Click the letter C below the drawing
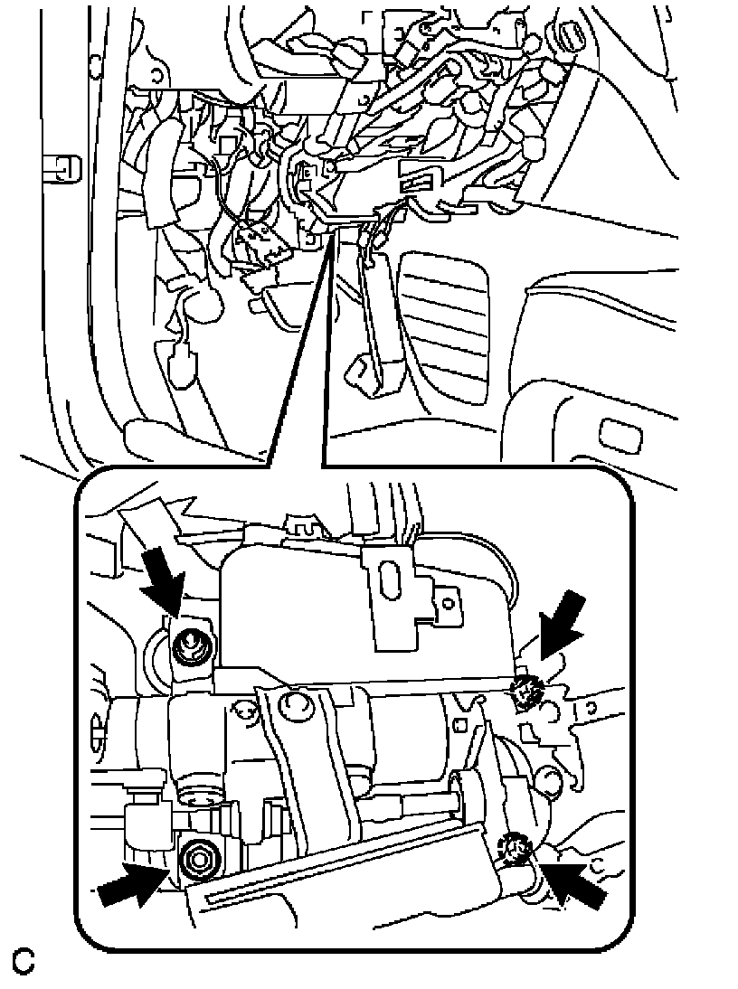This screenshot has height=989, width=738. point(24,962)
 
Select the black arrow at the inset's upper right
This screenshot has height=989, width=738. point(559,628)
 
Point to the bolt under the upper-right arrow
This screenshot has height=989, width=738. point(525,687)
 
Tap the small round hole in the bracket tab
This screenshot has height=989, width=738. point(449,603)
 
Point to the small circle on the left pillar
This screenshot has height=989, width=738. point(95,63)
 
